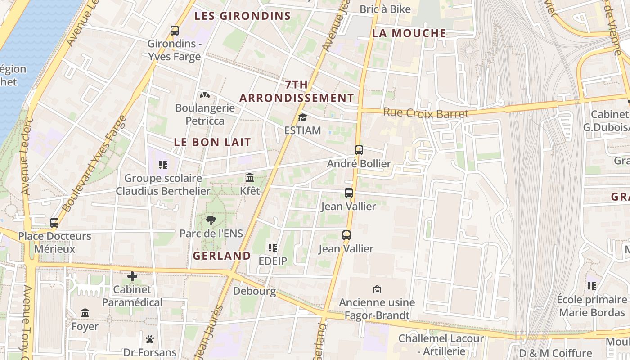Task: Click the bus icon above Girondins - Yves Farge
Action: (175, 31)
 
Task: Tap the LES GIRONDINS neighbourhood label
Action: (243, 16)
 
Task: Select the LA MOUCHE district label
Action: (409, 33)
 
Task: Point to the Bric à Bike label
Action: (385, 9)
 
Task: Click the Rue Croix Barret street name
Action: (426, 113)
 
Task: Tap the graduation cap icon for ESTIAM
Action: (302, 118)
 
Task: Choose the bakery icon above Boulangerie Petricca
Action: (205, 95)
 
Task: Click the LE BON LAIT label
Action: (212, 142)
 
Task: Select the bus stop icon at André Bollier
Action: (359, 150)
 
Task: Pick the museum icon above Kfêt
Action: (250, 178)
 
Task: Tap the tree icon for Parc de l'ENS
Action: (211, 220)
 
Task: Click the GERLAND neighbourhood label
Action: (222, 256)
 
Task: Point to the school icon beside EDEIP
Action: (272, 248)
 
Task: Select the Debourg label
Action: (254, 291)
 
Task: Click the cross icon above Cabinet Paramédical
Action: (132, 276)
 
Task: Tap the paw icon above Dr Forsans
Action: (150, 339)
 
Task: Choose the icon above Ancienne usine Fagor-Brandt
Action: (377, 289)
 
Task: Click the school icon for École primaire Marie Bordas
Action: (591, 286)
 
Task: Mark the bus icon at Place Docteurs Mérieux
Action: (54, 223)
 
